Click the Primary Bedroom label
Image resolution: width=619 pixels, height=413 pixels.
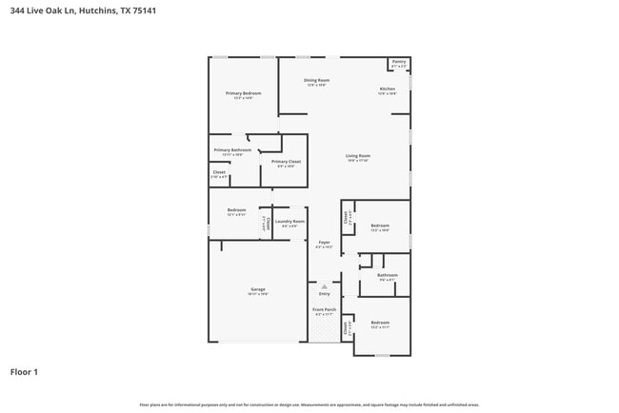click(243, 93)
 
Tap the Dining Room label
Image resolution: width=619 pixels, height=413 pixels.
click(316, 81)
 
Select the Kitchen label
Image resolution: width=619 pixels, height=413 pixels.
click(387, 88)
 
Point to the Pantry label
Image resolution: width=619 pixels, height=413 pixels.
click(399, 62)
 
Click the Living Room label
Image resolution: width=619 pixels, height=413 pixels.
click(357, 155)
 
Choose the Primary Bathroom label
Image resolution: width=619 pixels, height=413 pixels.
click(232, 150)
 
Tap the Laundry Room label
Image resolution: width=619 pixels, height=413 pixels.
click(290, 222)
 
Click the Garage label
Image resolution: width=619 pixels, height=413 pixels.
click(258, 289)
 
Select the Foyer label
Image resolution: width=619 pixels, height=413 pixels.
click(324, 243)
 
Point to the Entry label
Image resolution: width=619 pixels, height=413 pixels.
click(324, 293)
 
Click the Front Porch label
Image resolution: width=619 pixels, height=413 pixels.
click(324, 309)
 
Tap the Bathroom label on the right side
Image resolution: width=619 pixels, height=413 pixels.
click(387, 275)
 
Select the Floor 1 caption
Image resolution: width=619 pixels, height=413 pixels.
click(24, 371)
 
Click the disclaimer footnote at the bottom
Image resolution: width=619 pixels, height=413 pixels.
click(309, 404)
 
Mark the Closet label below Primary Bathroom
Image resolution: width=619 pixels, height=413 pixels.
click(219, 172)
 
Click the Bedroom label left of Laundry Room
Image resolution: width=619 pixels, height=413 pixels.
click(236, 209)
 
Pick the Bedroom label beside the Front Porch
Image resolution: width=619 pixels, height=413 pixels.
click(380, 323)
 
